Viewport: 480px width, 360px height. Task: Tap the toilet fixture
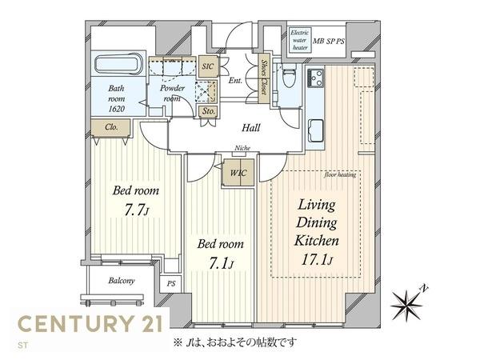(288, 78)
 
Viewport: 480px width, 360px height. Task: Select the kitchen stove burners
(315, 78)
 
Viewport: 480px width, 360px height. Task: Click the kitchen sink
(316, 130)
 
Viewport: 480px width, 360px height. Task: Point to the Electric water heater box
(299, 40)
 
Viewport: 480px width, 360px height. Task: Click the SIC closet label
(207, 66)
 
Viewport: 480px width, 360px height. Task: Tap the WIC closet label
(238, 173)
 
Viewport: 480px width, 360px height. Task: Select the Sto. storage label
(209, 111)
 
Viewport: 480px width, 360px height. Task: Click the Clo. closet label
(111, 126)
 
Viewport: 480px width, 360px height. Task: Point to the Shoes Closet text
(263, 77)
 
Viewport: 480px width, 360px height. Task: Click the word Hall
(251, 128)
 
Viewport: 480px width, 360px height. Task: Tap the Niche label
(242, 148)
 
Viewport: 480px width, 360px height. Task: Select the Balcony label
(122, 281)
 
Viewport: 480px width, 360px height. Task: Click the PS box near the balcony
(171, 284)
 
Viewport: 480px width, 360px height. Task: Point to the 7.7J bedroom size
(137, 210)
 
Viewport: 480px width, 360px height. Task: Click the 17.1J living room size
(317, 260)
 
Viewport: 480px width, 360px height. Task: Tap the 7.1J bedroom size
(221, 263)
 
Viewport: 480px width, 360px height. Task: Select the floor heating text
(340, 174)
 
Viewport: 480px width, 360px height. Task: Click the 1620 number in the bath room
(116, 109)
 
